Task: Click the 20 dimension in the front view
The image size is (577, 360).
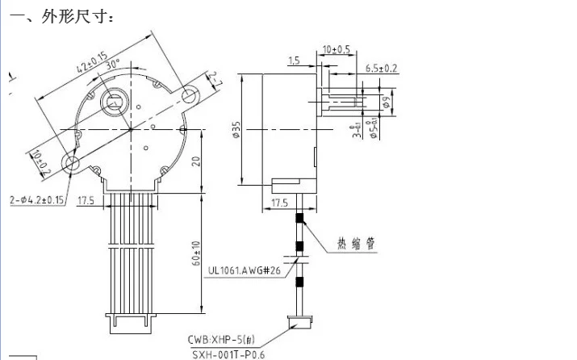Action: pos(194,160)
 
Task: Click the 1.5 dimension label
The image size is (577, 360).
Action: pos(293,61)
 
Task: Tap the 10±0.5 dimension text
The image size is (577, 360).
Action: pos(337,49)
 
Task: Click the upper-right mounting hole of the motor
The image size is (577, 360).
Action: pos(190,96)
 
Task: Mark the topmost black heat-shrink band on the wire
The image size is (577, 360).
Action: pos(299,218)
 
